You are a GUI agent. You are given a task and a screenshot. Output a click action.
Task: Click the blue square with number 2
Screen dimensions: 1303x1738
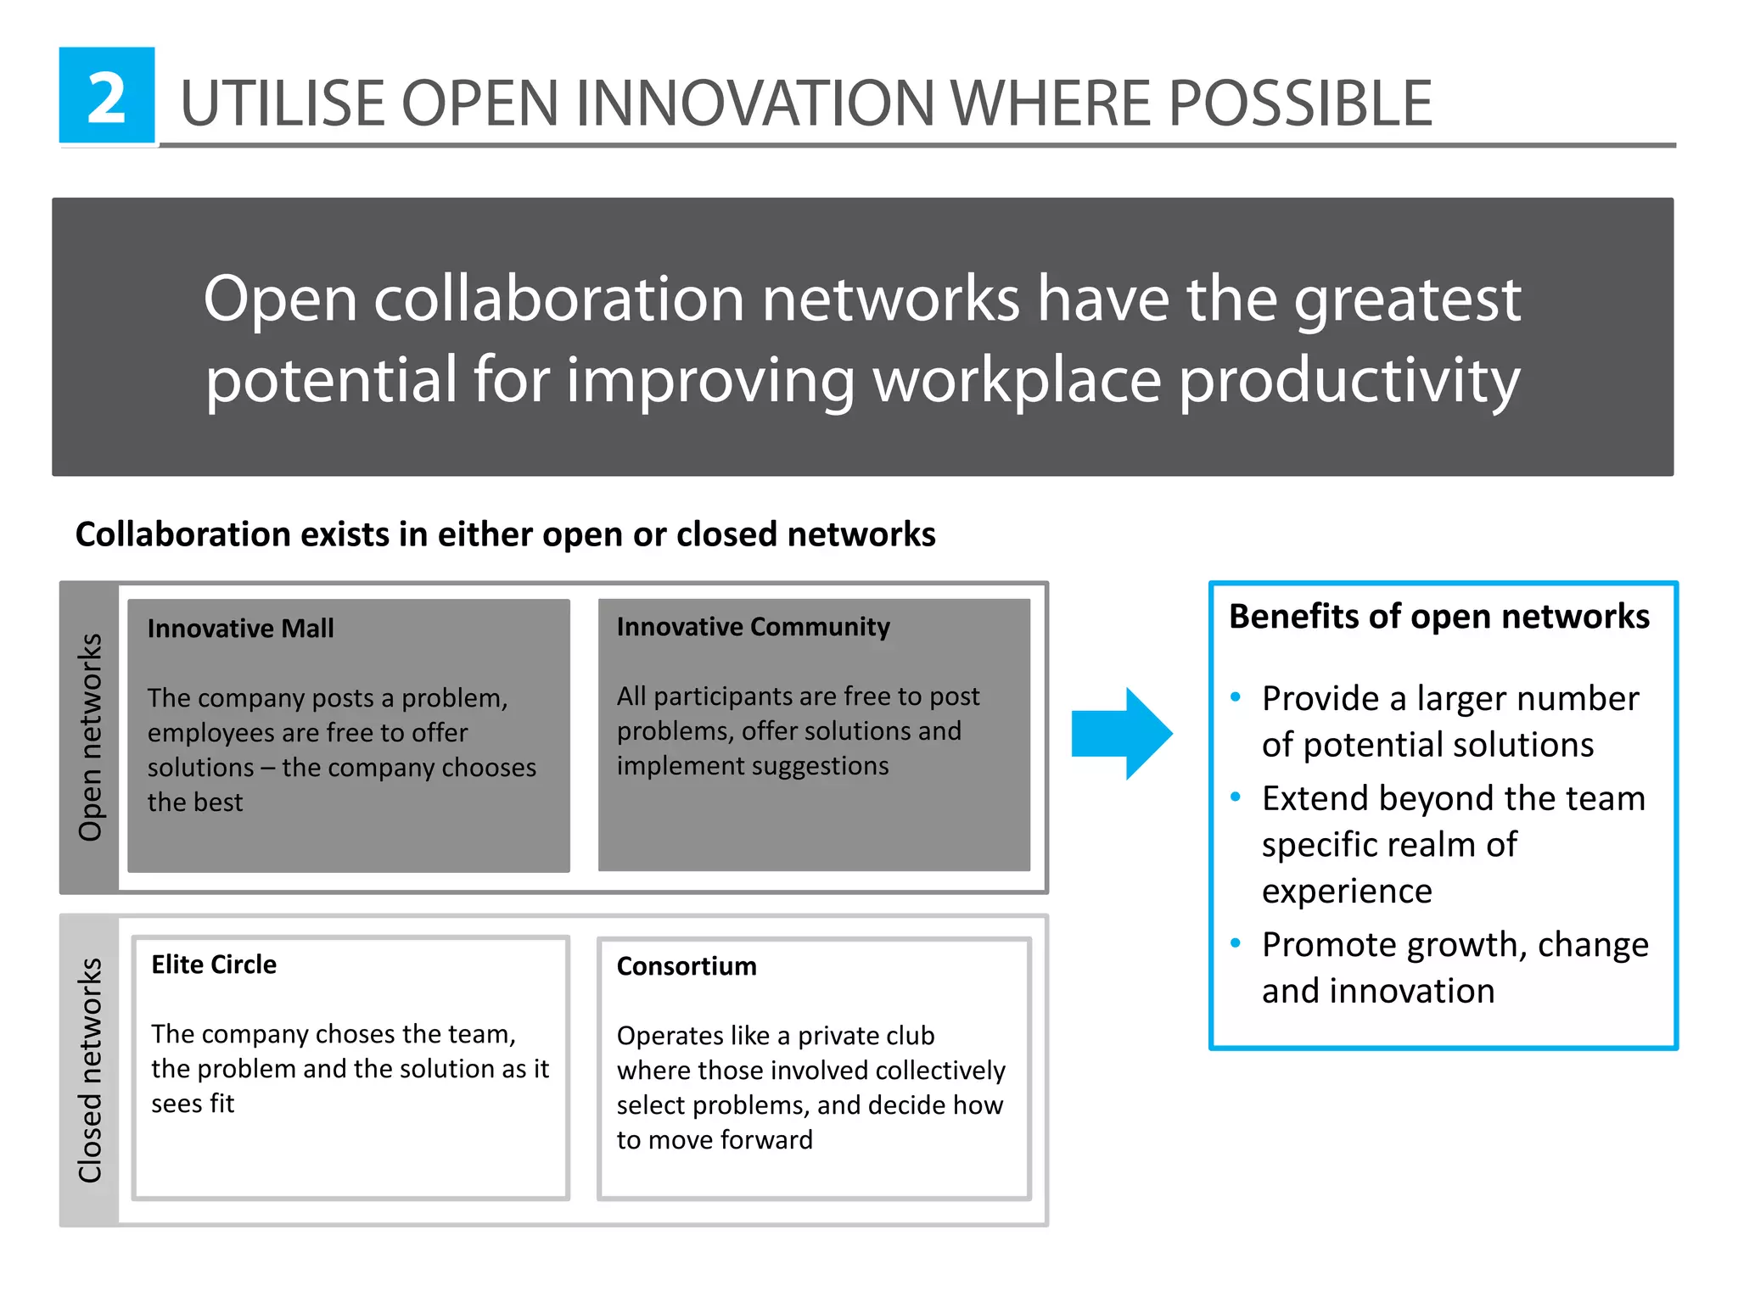(x=107, y=96)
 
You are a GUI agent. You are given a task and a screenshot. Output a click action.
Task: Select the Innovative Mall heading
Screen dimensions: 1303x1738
(x=240, y=629)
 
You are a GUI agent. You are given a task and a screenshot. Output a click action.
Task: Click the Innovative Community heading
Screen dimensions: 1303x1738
(x=753, y=627)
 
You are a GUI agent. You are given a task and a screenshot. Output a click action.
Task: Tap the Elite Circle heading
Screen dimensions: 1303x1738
(x=214, y=965)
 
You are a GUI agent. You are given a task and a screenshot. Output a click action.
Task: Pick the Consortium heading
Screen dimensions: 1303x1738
(x=686, y=966)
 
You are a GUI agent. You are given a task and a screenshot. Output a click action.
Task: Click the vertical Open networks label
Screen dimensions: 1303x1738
(x=90, y=737)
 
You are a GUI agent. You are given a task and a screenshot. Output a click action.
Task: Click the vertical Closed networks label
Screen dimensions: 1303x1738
(x=90, y=1070)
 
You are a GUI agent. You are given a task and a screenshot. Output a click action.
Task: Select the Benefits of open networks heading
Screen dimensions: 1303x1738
(x=1438, y=617)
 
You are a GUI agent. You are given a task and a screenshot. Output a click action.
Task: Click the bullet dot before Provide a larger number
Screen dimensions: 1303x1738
(x=1236, y=697)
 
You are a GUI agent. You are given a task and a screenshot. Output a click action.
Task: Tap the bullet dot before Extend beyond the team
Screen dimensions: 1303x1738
(x=1236, y=797)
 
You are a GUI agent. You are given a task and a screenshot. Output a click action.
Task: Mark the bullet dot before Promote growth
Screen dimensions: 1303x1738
(x=1236, y=943)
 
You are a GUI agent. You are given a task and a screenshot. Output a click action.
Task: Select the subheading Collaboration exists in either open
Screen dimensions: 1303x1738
(x=505, y=534)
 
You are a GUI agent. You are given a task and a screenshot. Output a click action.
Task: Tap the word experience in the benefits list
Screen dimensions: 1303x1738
(x=1347, y=892)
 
